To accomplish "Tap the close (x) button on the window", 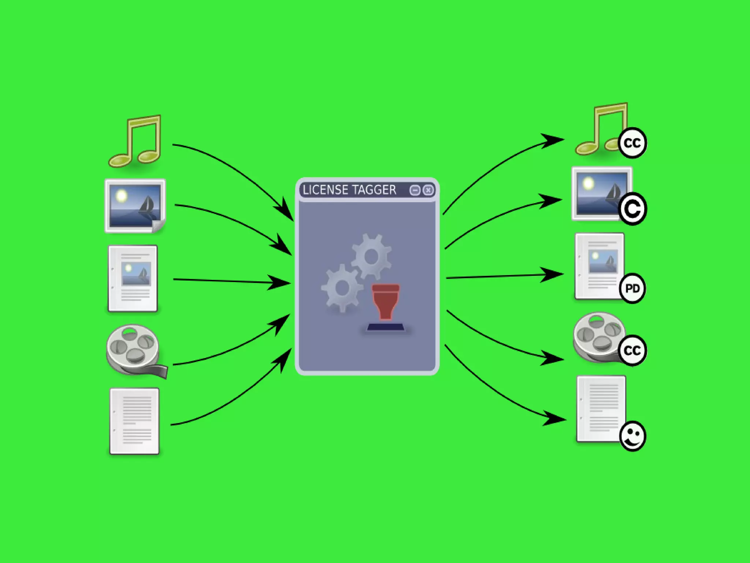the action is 428,190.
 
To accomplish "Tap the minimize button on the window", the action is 415,190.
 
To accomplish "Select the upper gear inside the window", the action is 371,256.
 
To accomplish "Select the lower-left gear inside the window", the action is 342,288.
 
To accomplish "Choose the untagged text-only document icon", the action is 134,421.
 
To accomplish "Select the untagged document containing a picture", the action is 133,278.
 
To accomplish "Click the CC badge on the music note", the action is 632,143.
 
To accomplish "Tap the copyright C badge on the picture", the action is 632,208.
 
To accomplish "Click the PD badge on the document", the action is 632,288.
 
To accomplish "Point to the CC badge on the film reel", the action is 632,350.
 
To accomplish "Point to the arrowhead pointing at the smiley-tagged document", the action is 555,418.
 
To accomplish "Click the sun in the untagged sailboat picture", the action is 121,196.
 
